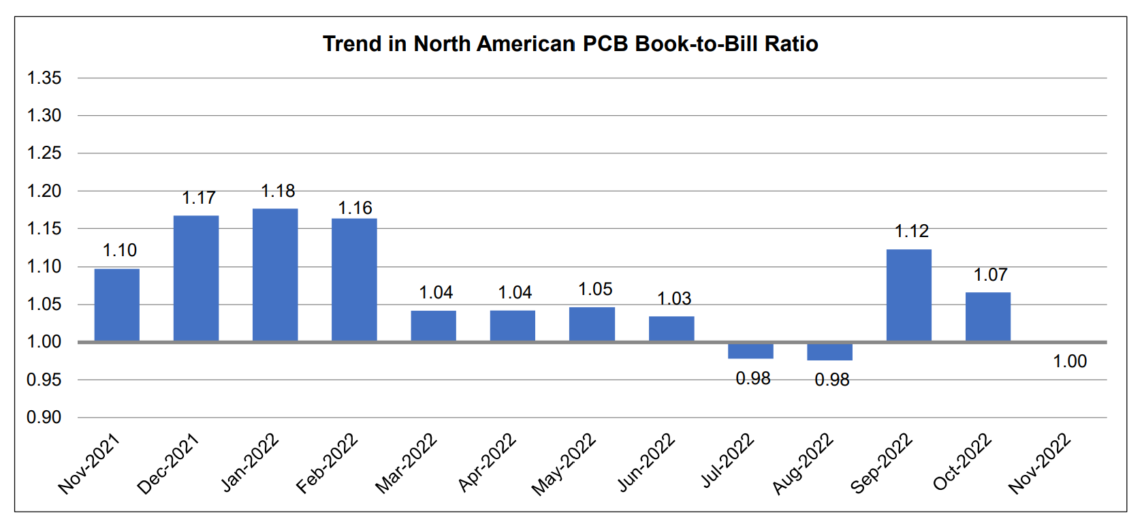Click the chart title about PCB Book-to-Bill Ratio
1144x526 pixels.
click(570, 44)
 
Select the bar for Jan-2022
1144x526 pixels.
click(275, 275)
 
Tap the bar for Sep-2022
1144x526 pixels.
click(908, 295)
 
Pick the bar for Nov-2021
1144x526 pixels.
click(117, 305)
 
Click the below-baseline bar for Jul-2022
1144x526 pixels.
click(750, 350)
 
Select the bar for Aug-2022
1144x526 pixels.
click(829, 352)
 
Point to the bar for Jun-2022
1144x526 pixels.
click(671, 328)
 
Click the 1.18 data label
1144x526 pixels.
click(278, 191)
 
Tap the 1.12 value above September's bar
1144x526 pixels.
click(911, 231)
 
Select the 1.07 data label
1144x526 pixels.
click(990, 275)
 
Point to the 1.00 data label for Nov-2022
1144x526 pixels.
click(1070, 361)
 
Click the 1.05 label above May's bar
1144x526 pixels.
click(595, 289)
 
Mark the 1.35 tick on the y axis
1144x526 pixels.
click(44, 78)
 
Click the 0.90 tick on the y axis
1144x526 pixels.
click(44, 417)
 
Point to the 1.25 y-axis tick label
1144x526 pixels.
click(44, 153)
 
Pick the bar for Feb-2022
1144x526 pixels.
click(354, 279)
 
